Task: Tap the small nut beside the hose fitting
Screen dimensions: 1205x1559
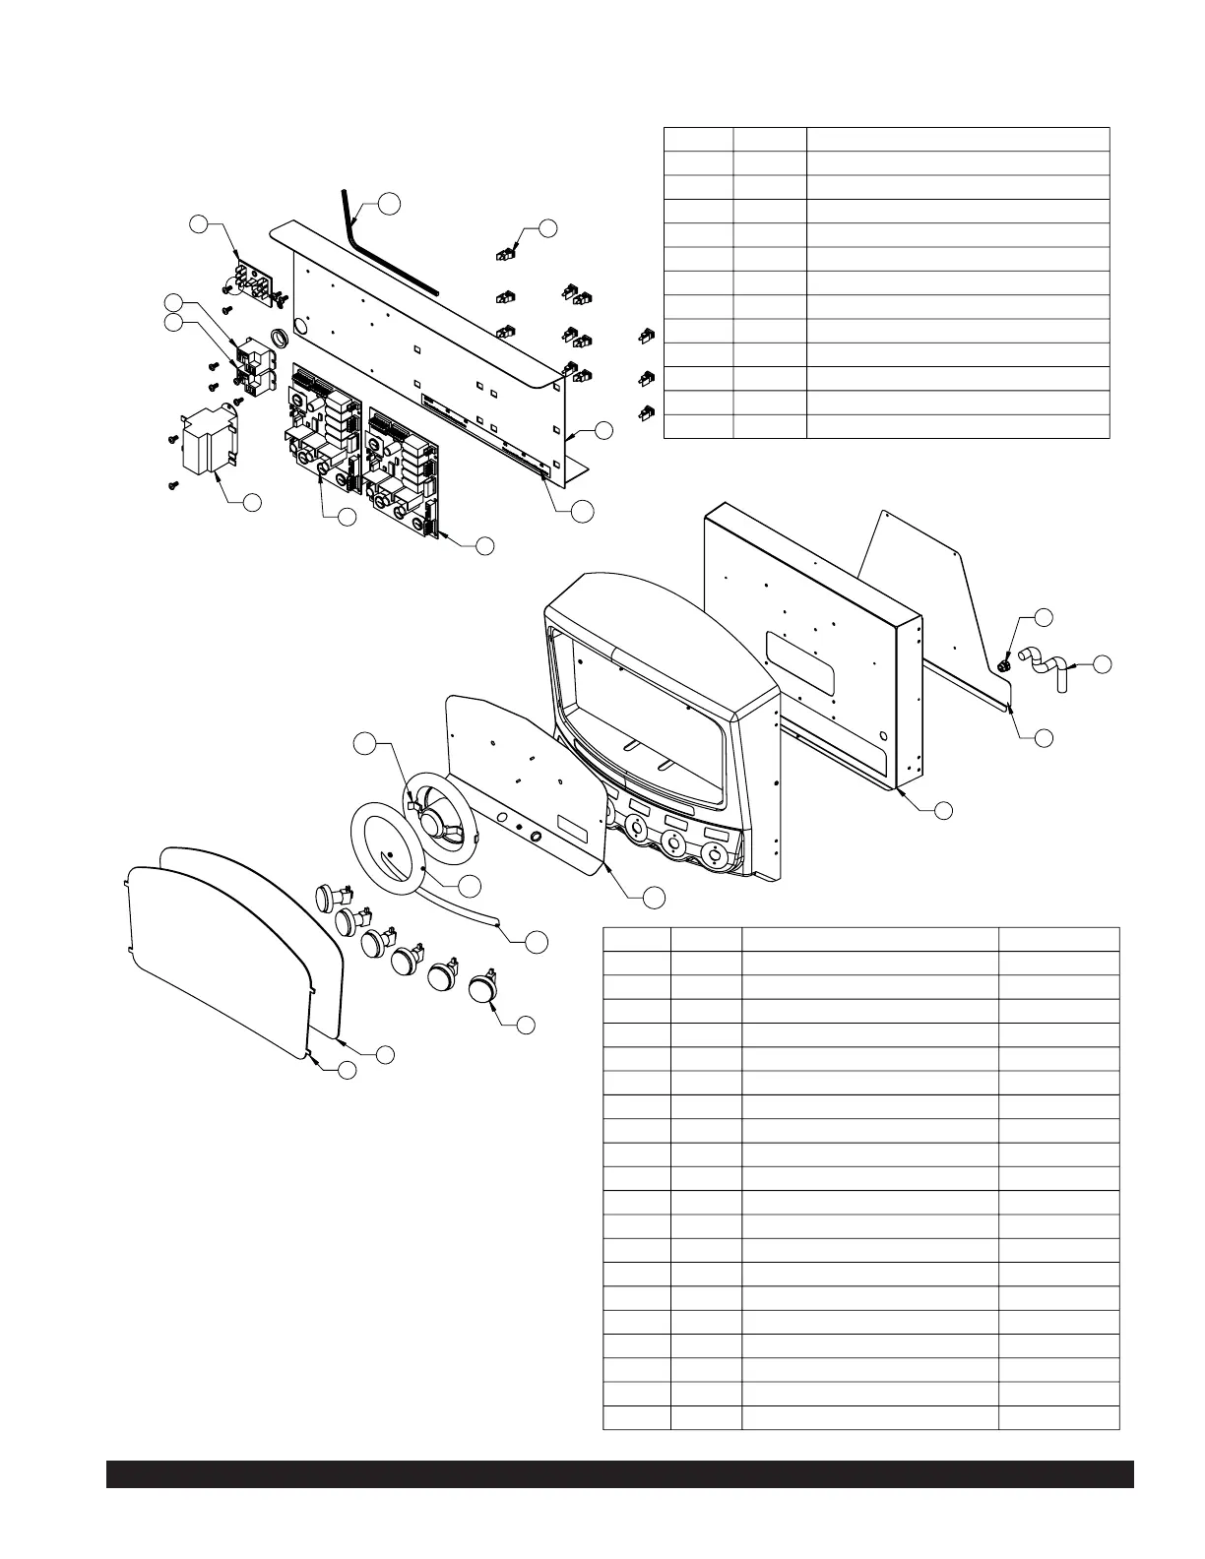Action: point(1003,666)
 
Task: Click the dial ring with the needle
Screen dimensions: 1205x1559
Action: point(389,845)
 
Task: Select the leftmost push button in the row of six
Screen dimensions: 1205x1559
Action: point(328,897)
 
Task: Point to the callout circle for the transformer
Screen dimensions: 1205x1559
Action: point(251,502)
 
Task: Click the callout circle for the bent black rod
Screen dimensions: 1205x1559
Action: point(391,203)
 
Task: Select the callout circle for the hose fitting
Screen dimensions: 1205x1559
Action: point(1103,664)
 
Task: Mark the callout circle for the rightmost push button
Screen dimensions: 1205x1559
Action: point(526,1025)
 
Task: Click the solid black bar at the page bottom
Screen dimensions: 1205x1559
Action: point(620,1474)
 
